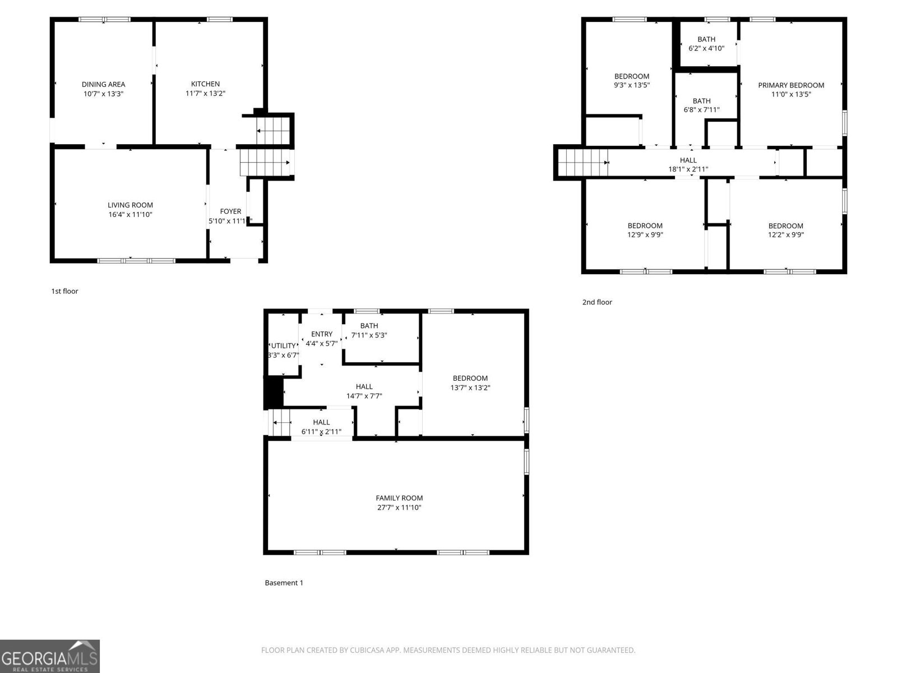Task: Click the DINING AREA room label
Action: point(103,85)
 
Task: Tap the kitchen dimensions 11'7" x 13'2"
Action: point(205,94)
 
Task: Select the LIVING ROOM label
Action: point(130,205)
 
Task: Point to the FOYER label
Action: point(230,211)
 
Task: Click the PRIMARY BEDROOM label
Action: point(791,85)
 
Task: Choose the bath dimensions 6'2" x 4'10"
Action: point(706,48)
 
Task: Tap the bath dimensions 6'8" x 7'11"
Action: point(701,110)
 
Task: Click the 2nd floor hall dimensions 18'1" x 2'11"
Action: point(688,169)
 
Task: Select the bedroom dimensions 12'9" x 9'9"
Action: point(645,235)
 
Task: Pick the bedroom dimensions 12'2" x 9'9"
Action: point(785,235)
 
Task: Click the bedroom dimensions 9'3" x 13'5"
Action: point(631,85)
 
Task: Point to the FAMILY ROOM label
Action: point(399,498)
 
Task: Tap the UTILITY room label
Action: point(283,346)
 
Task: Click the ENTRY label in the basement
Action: point(322,334)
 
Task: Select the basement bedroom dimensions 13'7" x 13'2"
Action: point(470,388)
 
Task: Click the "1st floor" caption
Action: point(64,291)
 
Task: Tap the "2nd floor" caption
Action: point(597,302)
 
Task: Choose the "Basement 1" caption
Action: point(284,583)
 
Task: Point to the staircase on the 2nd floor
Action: point(583,163)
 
